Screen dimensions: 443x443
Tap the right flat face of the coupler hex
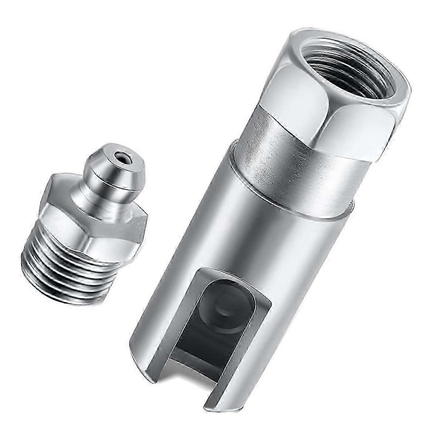356,126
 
